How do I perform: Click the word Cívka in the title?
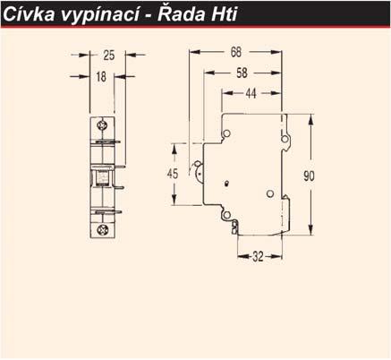coord(29,13)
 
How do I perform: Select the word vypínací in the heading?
coord(100,15)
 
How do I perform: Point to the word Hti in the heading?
coord(225,13)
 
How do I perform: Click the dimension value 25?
coord(108,56)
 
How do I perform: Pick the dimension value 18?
coord(101,77)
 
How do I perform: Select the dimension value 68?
coord(235,52)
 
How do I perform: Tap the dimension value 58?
coord(242,73)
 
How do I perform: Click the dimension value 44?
coord(251,93)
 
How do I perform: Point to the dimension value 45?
coord(173,174)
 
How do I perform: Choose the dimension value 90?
coord(309,176)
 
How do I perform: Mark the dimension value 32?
coord(258,256)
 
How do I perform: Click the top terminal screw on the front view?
coord(102,125)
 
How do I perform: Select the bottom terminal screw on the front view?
coord(102,230)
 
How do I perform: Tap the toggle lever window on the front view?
coord(102,177)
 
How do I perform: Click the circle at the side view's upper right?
coord(285,139)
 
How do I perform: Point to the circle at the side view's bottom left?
coord(226,215)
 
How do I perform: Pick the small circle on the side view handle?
coord(198,164)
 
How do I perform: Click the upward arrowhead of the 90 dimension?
coord(310,120)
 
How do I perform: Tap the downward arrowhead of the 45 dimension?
coord(174,200)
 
